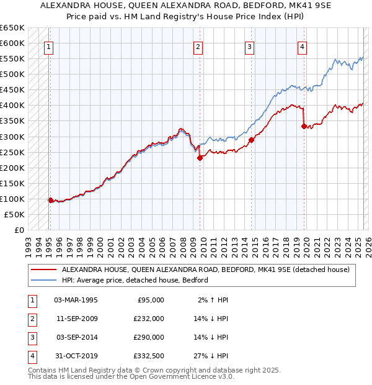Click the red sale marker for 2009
pos(200,158)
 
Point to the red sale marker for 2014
pos(251,140)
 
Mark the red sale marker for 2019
pos(304,126)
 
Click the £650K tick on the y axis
pos(12,28)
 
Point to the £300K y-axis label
pos(12,137)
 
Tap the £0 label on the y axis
pos(19,230)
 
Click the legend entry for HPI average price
pos(135,280)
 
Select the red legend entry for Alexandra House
pos(205,269)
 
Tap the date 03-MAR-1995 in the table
pos(76,300)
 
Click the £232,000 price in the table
pos(149,319)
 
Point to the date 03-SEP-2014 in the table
pos(76,337)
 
